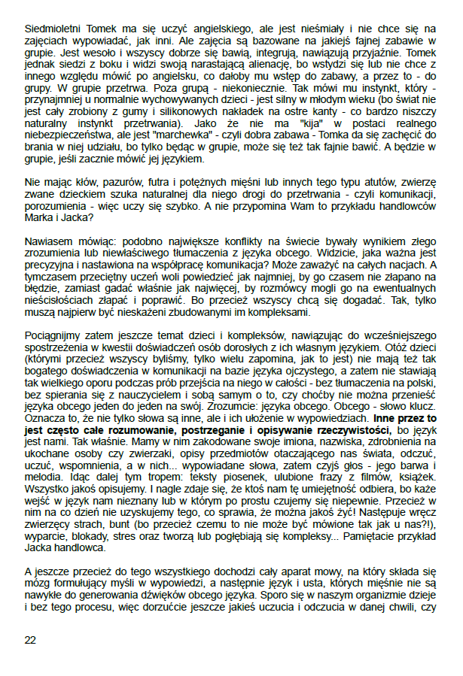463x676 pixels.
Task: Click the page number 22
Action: coord(30,640)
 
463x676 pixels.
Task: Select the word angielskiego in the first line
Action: coord(203,14)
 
